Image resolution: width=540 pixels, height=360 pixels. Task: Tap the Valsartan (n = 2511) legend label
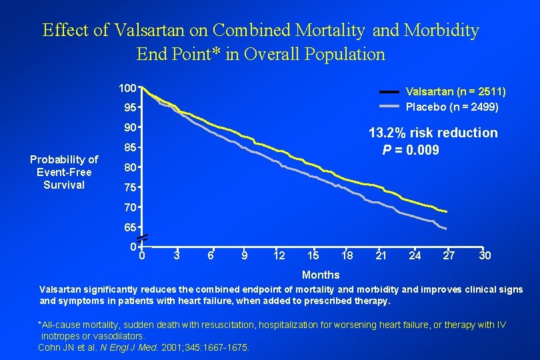[455, 91]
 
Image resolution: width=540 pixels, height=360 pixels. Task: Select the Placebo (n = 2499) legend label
[452, 107]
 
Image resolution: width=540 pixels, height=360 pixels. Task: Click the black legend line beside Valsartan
[390, 91]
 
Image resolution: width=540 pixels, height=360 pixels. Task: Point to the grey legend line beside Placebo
[390, 107]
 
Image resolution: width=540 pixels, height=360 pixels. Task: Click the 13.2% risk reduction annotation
[433, 133]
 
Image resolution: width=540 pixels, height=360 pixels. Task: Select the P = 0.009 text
[410, 150]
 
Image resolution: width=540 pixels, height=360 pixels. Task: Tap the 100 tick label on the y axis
[127, 88]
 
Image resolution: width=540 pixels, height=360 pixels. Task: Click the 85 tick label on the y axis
[130, 147]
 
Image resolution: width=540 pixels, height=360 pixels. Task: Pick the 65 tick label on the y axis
[130, 227]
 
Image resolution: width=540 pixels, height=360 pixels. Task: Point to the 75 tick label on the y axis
[130, 187]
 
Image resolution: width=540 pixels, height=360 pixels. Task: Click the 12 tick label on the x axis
[279, 255]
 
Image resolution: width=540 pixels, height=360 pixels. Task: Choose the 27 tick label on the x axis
[449, 255]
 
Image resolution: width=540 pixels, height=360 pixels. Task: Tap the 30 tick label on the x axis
[485, 255]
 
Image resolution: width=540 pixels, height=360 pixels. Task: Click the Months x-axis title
[321, 275]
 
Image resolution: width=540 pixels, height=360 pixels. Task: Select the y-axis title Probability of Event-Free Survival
[64, 172]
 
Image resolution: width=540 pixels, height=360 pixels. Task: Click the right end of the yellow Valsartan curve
[446, 212]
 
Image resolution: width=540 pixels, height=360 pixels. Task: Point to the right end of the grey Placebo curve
[445, 229]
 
